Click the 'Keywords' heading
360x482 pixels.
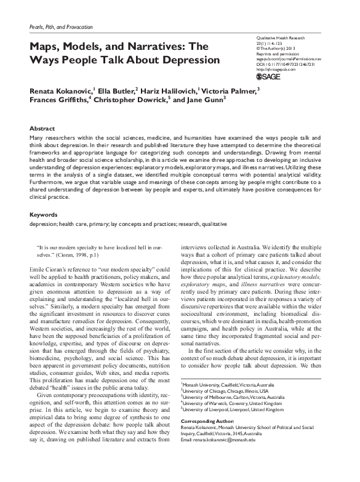click(x=44, y=215)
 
